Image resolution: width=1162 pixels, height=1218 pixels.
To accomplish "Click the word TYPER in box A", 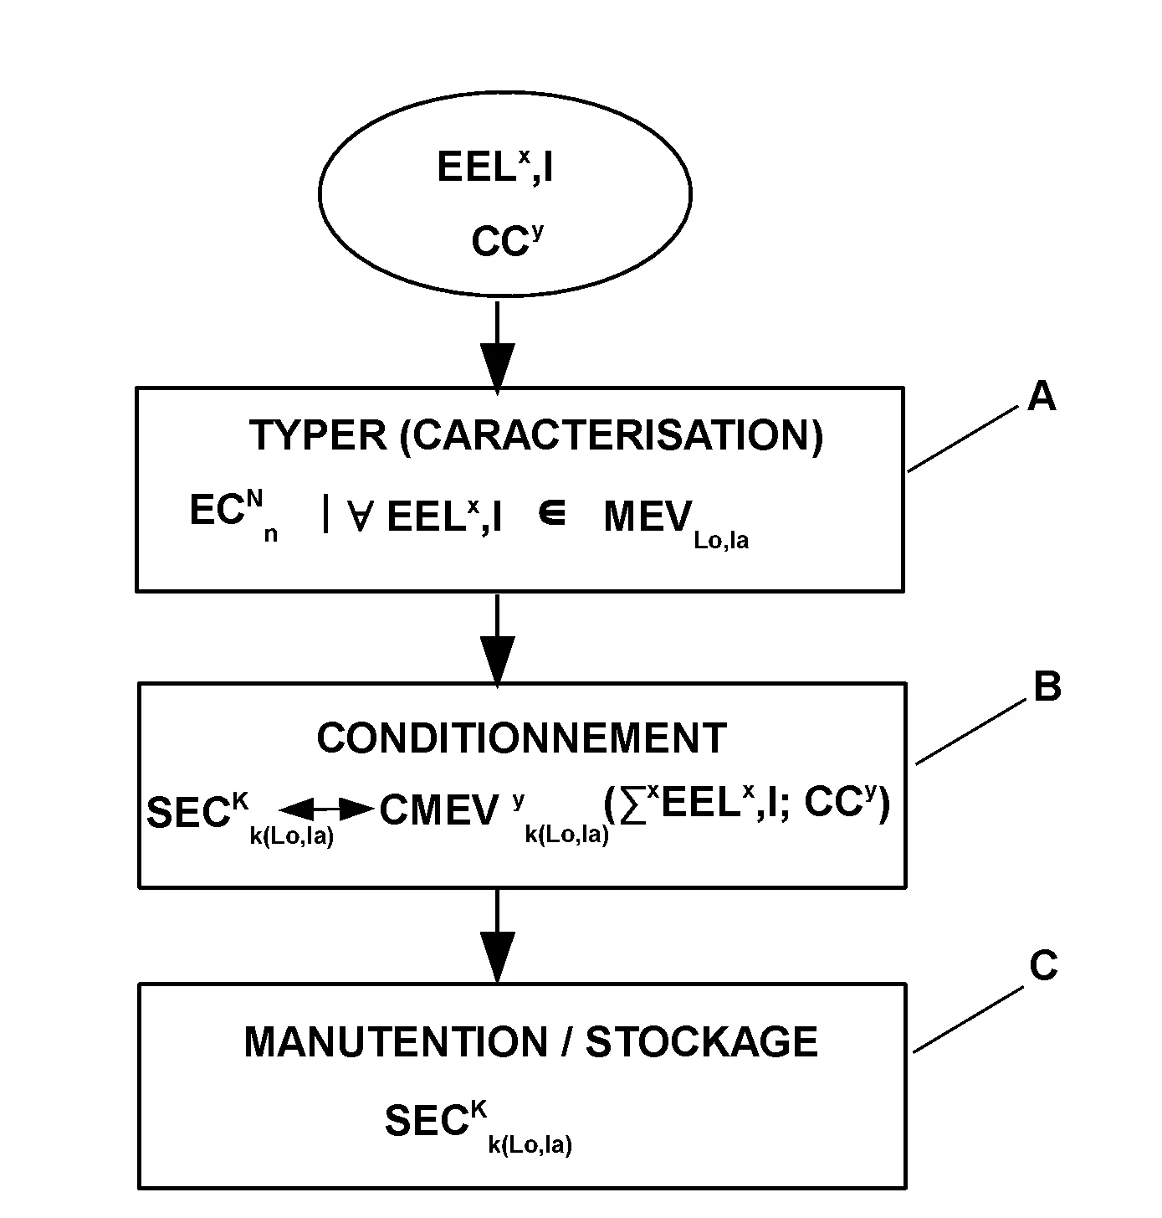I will (318, 436).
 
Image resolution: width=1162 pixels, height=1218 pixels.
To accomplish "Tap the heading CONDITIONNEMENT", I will (521, 738).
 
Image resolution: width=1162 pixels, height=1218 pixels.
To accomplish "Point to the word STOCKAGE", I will (701, 1042).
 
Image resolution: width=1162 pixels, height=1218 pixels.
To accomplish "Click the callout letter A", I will (1041, 396).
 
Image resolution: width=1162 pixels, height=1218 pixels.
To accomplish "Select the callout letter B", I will (1047, 687).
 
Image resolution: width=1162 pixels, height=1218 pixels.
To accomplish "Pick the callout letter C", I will (1043, 966).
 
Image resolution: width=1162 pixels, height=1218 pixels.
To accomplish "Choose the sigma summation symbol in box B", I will (634, 809).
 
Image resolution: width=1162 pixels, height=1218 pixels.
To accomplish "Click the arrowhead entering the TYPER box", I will (497, 369).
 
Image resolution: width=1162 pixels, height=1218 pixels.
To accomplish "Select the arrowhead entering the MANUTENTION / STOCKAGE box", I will (497, 959).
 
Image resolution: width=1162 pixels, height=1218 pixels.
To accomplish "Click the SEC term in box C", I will (425, 1121).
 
